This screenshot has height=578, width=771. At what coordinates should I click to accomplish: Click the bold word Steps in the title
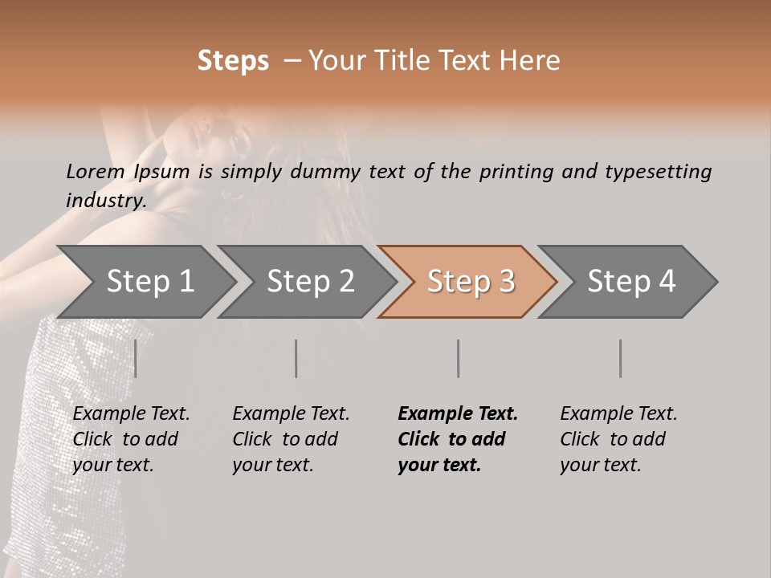point(233,61)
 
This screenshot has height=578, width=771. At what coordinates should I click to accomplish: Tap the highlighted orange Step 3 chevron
point(471,282)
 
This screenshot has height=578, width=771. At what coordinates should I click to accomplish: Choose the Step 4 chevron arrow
point(631,282)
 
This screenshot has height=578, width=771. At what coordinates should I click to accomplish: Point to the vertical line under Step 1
point(136,358)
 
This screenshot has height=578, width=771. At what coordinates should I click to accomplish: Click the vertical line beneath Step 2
point(296,358)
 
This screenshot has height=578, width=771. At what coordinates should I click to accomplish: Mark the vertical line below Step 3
point(459,358)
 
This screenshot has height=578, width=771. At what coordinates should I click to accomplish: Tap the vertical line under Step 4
point(621,358)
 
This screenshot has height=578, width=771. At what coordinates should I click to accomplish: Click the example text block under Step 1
point(131,439)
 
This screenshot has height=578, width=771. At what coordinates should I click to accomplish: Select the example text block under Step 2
point(291,439)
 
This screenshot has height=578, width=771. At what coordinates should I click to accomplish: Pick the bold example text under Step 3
point(458,439)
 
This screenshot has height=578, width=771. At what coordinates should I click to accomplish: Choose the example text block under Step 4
point(618,439)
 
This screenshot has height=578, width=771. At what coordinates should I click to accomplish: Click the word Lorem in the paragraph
point(96,171)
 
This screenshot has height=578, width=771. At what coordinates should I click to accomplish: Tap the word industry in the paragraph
point(106,200)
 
